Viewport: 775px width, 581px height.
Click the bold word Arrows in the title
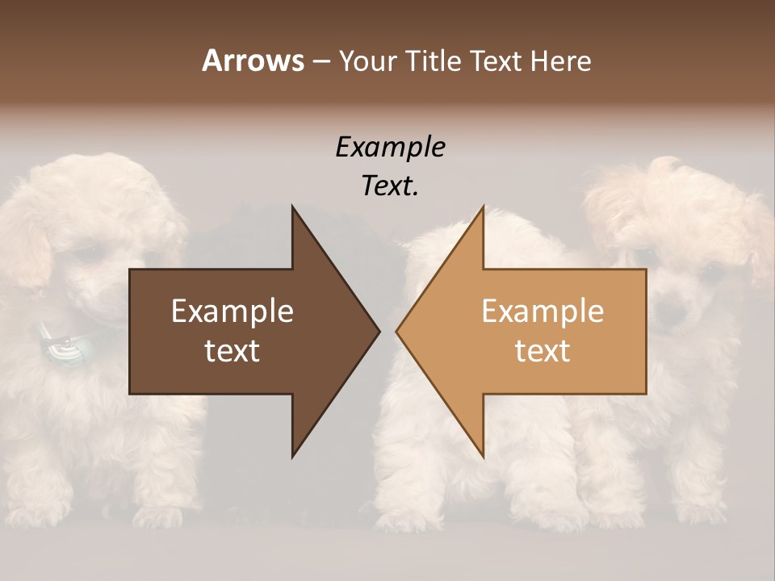(253, 61)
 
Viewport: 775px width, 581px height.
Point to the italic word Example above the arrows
(390, 148)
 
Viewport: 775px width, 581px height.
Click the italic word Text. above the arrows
(390, 186)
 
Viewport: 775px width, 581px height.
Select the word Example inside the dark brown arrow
(232, 311)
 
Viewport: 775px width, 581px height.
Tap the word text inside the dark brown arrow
(232, 350)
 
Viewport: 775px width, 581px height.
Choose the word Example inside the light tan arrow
(542, 311)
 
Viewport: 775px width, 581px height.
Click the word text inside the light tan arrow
(542, 350)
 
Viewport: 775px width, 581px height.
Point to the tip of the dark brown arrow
(378, 331)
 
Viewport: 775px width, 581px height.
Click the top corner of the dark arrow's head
(293, 207)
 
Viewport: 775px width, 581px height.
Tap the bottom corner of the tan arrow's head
(483, 456)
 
